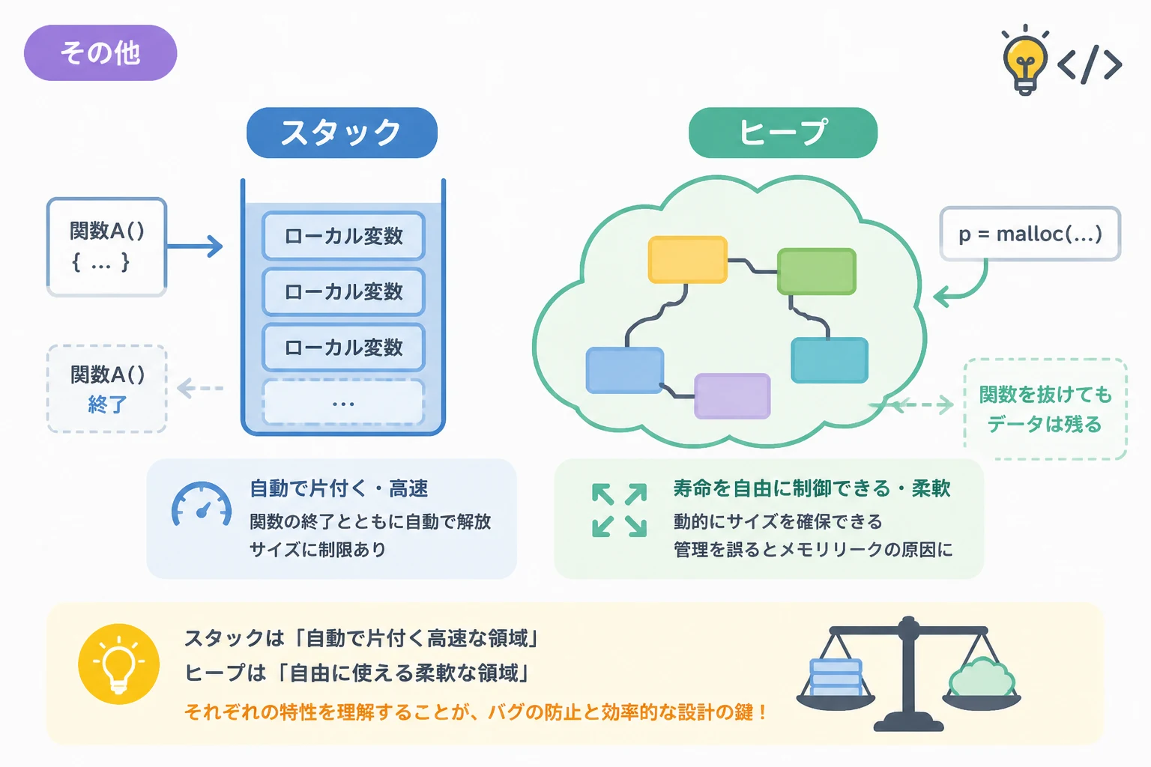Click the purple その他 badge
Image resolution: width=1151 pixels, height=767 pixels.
pos(100,53)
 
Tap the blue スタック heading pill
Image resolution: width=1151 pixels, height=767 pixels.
pos(342,133)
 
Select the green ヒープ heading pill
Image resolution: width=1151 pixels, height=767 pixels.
pos(782,133)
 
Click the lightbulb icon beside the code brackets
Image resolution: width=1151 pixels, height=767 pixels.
pos(1025,61)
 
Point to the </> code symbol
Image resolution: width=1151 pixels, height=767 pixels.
pos(1090,64)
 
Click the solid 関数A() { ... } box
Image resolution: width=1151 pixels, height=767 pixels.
pos(107,247)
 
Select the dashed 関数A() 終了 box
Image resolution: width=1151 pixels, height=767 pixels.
pos(107,389)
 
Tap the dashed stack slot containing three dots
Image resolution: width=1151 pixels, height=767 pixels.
pos(343,402)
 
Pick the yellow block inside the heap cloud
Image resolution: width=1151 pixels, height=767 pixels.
pos(687,259)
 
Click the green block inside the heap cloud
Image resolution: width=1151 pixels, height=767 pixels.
pos(817,271)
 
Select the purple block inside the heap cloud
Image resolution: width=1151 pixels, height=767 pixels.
pos(732,396)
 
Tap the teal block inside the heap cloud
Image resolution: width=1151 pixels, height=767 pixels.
pos(830,360)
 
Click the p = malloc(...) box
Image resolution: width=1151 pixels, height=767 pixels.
pos(1030,234)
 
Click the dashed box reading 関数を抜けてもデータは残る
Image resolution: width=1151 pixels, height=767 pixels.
pos(1045,409)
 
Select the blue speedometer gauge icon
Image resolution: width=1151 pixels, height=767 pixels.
pos(202,505)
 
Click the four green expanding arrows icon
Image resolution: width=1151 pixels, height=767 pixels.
pos(619,510)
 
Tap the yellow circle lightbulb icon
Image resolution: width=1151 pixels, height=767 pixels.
pos(118,664)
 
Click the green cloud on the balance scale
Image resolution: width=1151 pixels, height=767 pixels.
pos(982,677)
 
